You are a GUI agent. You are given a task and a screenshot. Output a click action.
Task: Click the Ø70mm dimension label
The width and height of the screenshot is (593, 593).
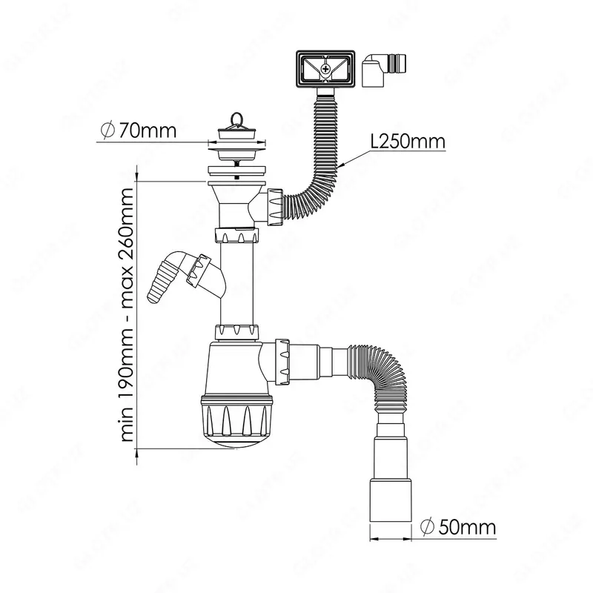138,131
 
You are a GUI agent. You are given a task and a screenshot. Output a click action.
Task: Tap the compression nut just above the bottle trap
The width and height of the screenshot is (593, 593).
238,331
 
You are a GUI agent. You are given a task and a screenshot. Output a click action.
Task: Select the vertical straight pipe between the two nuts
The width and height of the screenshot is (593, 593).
238,282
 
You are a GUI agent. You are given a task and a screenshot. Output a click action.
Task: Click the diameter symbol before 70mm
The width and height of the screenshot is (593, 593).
106,131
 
